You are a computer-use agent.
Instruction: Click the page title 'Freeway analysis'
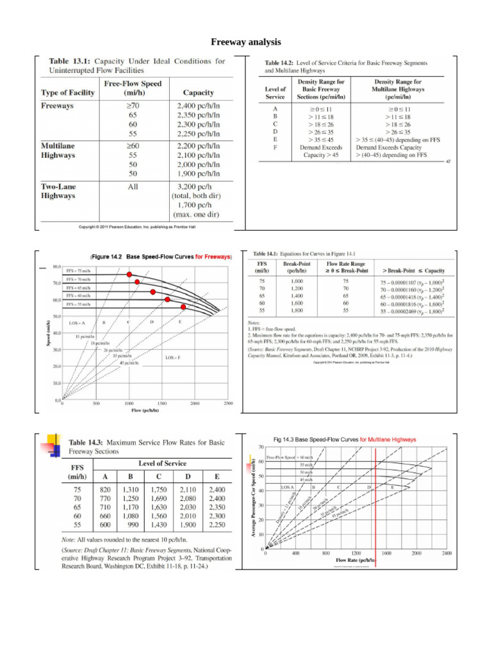coord(246,42)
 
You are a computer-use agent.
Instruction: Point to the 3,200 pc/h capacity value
coord(198,186)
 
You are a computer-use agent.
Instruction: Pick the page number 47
coord(448,161)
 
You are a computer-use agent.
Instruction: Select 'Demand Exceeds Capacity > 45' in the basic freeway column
coord(324,151)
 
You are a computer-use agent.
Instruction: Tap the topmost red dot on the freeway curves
coord(129,275)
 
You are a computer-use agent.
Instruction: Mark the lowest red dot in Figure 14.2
coord(183,307)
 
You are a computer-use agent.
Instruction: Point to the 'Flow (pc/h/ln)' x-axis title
coord(145,410)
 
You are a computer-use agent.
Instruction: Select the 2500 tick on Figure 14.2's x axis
coord(228,404)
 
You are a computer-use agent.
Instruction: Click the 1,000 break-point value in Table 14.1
coord(297,281)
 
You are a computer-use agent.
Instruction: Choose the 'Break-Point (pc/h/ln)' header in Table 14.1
coord(297,266)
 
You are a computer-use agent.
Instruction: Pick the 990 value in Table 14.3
coord(131,524)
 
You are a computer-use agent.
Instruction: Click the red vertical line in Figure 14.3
coord(375,500)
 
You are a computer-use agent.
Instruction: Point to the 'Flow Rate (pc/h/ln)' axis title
coord(356,560)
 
